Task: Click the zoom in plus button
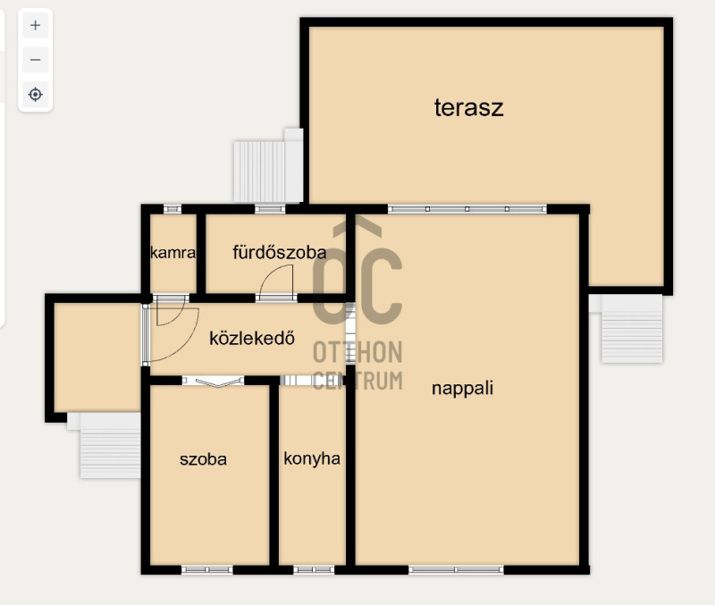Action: pos(35,26)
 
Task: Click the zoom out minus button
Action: pos(35,60)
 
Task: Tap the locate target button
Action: pos(35,95)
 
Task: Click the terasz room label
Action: pos(468,108)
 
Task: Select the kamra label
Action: pos(172,253)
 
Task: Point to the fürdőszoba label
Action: pos(280,252)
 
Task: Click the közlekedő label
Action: pos(252,338)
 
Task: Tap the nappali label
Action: pos(462,389)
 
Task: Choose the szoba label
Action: pos(203,459)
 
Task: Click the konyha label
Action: pos(312,458)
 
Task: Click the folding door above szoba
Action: pos(213,382)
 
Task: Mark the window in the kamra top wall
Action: pos(172,209)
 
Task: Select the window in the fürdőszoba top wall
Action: pos(270,209)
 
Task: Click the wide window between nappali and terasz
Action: pos(467,209)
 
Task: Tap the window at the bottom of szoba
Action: pos(207,570)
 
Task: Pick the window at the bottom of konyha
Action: pos(314,570)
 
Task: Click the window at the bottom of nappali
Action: pos(456,570)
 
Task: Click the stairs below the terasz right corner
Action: pos(632,329)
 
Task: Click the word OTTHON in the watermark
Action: pos(357,352)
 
